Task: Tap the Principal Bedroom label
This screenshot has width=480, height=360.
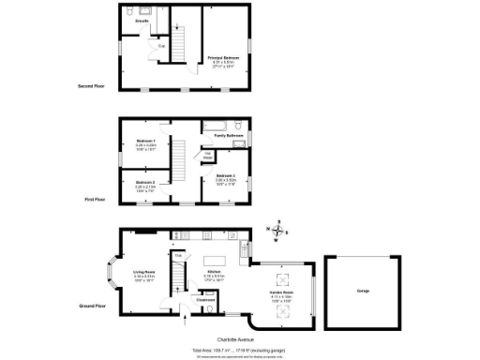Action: click(x=223, y=57)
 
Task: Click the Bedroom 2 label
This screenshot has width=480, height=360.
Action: click(x=143, y=182)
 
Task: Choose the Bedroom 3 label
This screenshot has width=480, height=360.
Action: click(x=224, y=175)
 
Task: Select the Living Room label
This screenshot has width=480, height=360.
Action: click(x=143, y=273)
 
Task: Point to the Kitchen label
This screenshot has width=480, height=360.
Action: click(x=216, y=273)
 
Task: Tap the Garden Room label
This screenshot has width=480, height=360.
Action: click(x=282, y=292)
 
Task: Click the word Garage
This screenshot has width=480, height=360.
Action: click(x=362, y=292)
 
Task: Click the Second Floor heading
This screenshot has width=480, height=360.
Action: click(x=91, y=85)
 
